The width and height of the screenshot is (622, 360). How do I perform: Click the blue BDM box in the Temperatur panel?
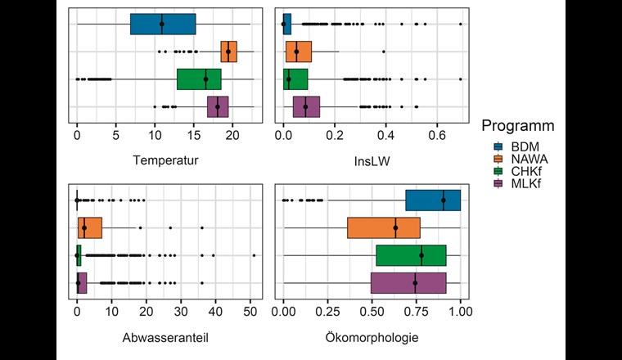[x=163, y=25]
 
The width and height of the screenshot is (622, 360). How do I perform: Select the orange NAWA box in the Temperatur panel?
[x=228, y=52]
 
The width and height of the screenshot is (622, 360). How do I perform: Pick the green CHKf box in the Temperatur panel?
[x=199, y=79]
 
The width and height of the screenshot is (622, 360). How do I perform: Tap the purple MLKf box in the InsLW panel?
[x=306, y=106]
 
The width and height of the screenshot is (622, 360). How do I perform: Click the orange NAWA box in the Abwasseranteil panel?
[x=90, y=227]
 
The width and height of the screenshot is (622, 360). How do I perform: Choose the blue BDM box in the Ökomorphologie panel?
[x=433, y=200]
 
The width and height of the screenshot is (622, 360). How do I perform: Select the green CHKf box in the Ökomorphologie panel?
[x=411, y=255]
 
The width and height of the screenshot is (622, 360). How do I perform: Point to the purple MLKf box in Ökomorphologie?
[x=408, y=283]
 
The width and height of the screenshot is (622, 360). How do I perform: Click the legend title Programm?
[x=519, y=127]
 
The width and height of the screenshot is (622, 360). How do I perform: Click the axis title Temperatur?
[x=165, y=160]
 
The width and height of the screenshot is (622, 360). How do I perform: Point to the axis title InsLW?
[x=372, y=160]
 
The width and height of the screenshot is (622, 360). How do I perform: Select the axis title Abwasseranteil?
[x=165, y=336]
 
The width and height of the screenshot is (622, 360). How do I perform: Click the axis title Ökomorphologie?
[x=372, y=336]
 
